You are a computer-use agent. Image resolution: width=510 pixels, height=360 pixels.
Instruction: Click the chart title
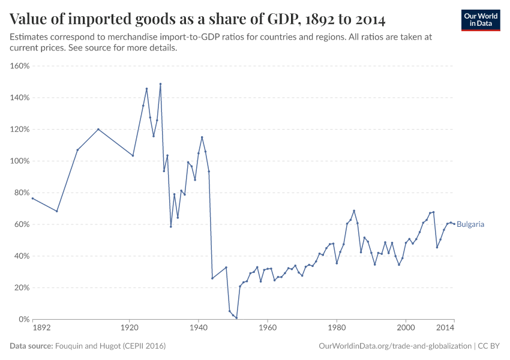tap(197, 19)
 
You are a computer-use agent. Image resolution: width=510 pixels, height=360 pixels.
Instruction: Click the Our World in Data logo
tap(480, 20)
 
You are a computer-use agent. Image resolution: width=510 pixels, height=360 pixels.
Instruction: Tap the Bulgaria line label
tap(470, 224)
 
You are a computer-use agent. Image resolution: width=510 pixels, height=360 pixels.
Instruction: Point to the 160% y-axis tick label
tap(20, 66)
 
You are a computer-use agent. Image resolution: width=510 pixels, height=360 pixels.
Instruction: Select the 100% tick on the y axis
tap(20, 161)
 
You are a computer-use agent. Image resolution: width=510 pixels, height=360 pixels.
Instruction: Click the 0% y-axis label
tap(23, 319)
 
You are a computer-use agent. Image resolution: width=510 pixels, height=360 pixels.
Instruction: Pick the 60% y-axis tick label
tap(21, 224)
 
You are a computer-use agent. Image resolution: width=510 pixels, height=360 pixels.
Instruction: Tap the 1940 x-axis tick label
tap(199, 329)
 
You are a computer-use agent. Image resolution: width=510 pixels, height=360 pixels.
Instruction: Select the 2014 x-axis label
tap(445, 329)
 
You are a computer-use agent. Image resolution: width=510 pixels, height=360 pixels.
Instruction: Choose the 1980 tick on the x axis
tap(337, 329)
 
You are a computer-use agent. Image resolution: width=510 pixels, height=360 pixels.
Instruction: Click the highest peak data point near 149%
tap(160, 84)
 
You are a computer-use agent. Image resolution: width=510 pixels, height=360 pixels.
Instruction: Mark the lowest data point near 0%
tap(236, 318)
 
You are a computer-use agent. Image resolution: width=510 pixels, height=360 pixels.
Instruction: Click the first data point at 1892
tap(32, 198)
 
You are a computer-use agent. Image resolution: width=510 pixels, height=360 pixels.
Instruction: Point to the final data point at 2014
tap(454, 224)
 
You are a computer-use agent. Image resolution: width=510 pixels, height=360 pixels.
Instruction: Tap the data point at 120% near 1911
tap(98, 129)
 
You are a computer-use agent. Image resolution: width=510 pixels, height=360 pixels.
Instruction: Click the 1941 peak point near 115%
tap(202, 137)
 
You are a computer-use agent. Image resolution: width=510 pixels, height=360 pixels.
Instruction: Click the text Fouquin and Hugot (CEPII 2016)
tap(110, 346)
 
